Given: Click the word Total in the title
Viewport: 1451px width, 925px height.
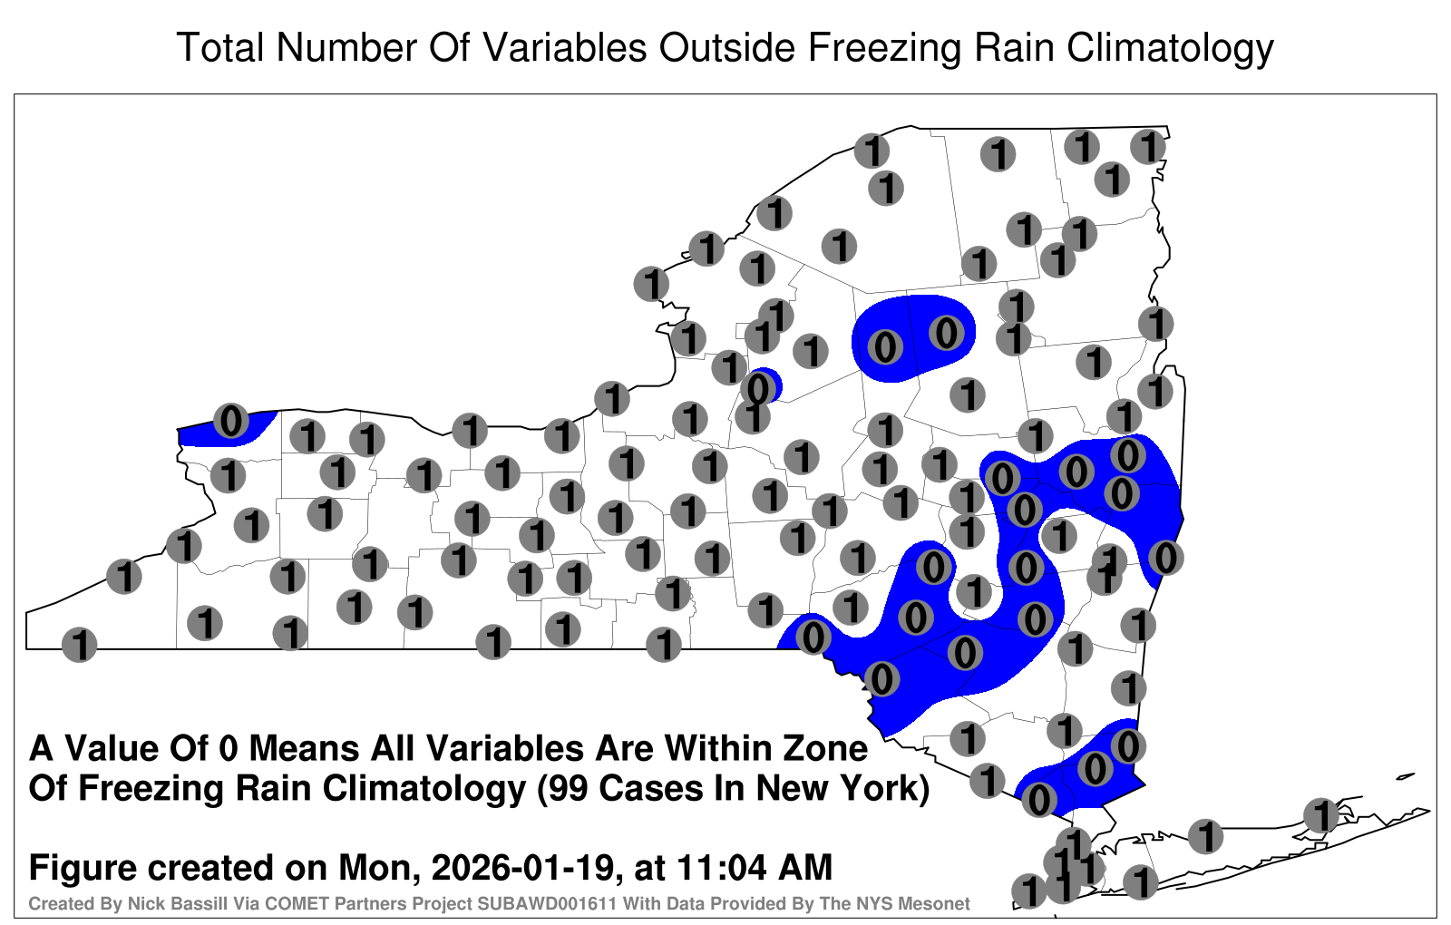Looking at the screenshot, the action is pos(220,47).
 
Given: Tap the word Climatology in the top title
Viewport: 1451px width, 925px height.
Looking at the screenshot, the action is pos(1170,49).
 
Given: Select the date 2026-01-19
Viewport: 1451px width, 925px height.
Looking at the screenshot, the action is pos(522,867).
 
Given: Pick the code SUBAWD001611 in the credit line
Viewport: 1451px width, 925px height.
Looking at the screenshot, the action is pos(547,903).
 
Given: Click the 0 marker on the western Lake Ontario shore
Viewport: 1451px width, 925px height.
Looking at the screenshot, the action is pos(231,421).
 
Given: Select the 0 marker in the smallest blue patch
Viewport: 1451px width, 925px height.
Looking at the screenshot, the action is pos(758,389).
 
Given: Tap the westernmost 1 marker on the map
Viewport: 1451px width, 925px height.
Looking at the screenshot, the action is pos(79,645).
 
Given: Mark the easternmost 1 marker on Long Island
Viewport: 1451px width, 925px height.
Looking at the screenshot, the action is pos(1321,815).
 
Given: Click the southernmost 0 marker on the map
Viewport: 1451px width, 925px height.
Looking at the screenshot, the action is pos(1039,800).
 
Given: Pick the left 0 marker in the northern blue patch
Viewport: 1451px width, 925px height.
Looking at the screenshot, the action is pos(885,347).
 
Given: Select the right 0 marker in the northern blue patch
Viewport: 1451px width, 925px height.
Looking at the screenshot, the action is pos(947,333).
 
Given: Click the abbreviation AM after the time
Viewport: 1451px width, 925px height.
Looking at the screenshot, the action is pos(808,867).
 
